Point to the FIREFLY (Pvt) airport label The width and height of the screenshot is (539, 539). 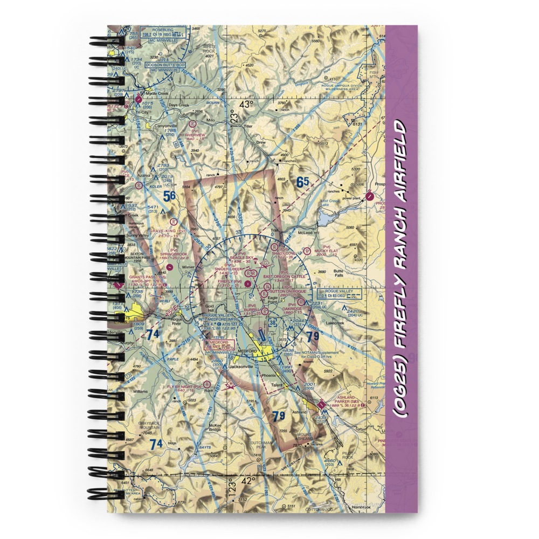click(x=230, y=281)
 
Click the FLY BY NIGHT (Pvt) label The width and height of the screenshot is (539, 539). click(x=184, y=386)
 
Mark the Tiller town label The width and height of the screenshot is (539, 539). click(x=247, y=127)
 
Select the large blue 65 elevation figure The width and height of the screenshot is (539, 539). click(x=302, y=183)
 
